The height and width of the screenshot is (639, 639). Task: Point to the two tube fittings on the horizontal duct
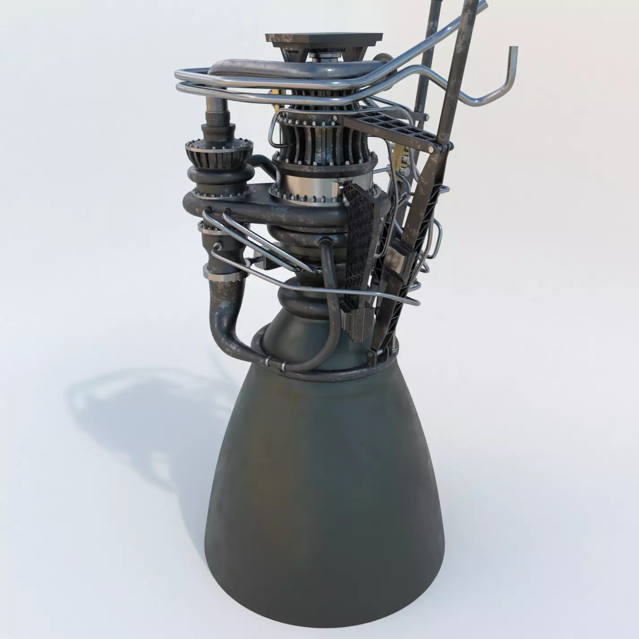coord(217,211)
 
